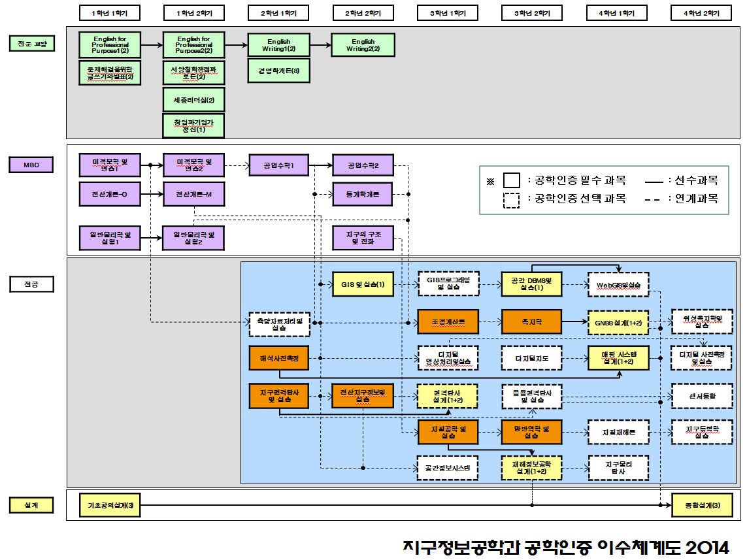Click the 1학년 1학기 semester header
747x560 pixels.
pyautogui.click(x=109, y=13)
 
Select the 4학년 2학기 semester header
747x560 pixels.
pyautogui.click(x=701, y=13)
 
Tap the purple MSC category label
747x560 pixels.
pyautogui.click(x=31, y=165)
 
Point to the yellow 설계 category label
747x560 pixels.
pyautogui.click(x=31, y=505)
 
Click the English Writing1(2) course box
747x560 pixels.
pyautogui.click(x=278, y=45)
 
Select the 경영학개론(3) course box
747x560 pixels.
pyautogui.click(x=278, y=71)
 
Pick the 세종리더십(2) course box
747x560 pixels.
pyautogui.click(x=193, y=100)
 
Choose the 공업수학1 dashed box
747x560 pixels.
pyautogui.click(x=278, y=166)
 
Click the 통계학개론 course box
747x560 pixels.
pyautogui.click(x=363, y=194)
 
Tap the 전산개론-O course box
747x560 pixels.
pyautogui.click(x=109, y=194)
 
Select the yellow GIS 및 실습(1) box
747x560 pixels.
pyautogui.click(x=363, y=284)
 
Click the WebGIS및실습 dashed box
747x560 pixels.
pyautogui.click(x=618, y=284)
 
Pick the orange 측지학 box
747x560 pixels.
pyautogui.click(x=531, y=321)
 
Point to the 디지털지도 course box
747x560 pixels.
pyautogui.click(x=531, y=357)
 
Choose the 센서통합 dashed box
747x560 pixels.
pyautogui.click(x=702, y=396)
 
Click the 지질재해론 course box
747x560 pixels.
pyautogui.click(x=618, y=432)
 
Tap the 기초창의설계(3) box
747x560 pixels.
pyautogui.click(x=109, y=505)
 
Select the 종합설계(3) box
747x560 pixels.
pyautogui.click(x=702, y=505)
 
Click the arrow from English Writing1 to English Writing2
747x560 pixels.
pyautogui.click(x=320, y=45)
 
